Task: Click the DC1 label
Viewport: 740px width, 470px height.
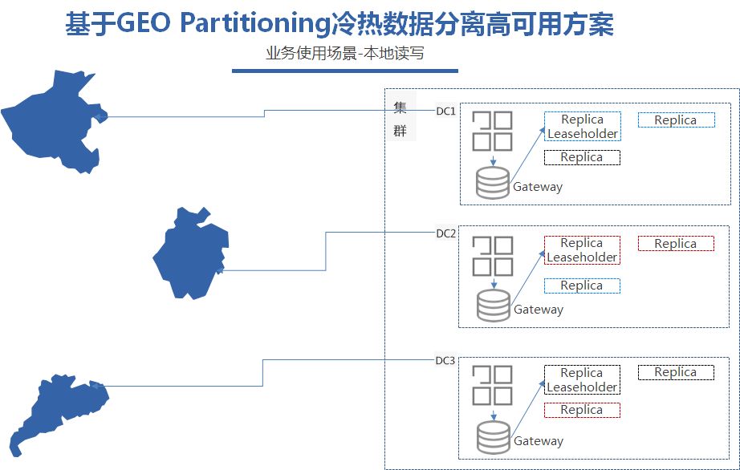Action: pyautogui.click(x=445, y=111)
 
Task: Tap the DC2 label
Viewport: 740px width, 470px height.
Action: pyautogui.click(x=445, y=233)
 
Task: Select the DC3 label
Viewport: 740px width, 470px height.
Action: pyautogui.click(x=445, y=360)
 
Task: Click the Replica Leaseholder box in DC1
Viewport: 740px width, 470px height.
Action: pyautogui.click(x=583, y=127)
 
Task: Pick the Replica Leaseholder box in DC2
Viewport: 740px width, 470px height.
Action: pyautogui.click(x=583, y=250)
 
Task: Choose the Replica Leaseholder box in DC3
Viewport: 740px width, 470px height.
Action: pyautogui.click(x=583, y=380)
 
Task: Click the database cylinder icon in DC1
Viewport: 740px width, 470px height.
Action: pyautogui.click(x=492, y=182)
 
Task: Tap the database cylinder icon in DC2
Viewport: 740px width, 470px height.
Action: pyautogui.click(x=493, y=306)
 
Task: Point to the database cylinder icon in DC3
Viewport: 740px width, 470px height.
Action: pyautogui.click(x=493, y=436)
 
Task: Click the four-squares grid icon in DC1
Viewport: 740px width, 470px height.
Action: pyautogui.click(x=492, y=131)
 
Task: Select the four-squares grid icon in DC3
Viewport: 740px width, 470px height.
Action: pyautogui.click(x=492, y=385)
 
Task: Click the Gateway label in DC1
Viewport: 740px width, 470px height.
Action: pyautogui.click(x=538, y=187)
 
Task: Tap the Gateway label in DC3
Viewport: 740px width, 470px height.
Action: pyautogui.click(x=538, y=441)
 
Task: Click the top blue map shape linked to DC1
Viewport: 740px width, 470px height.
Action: pyautogui.click(x=52, y=120)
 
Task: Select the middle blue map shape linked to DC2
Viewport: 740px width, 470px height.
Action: pyautogui.click(x=189, y=253)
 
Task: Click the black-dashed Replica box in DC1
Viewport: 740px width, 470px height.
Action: pyautogui.click(x=583, y=157)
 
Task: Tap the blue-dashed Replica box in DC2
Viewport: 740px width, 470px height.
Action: pyautogui.click(x=583, y=286)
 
